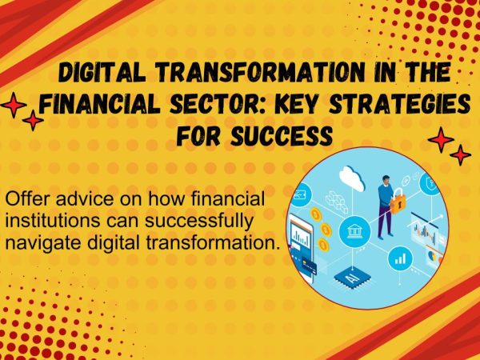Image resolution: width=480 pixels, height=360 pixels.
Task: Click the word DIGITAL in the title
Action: pyautogui.click(x=102, y=72)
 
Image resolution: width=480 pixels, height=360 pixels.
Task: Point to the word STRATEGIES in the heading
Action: pyautogui.click(x=401, y=103)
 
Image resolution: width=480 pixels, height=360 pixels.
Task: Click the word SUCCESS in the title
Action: pyautogui.click(x=282, y=135)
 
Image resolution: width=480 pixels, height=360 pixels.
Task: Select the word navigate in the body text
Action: pyautogui.click(x=43, y=243)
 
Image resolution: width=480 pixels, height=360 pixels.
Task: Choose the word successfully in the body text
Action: pyautogui.click(x=199, y=221)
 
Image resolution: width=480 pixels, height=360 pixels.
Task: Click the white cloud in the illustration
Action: pyautogui.click(x=352, y=178)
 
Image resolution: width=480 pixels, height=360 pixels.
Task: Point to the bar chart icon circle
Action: pyautogui.click(x=400, y=259)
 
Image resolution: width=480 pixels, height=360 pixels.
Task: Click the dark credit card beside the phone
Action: pyautogui.click(x=310, y=267)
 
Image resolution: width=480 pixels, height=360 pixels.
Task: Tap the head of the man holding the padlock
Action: pyautogui.click(x=386, y=181)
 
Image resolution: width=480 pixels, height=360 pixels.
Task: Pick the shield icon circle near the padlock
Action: pyautogui.click(x=430, y=184)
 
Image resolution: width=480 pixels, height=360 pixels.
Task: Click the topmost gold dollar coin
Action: pyautogui.click(x=315, y=214)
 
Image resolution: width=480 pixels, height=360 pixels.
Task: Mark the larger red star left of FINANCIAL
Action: pyautogui.click(x=13, y=105)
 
